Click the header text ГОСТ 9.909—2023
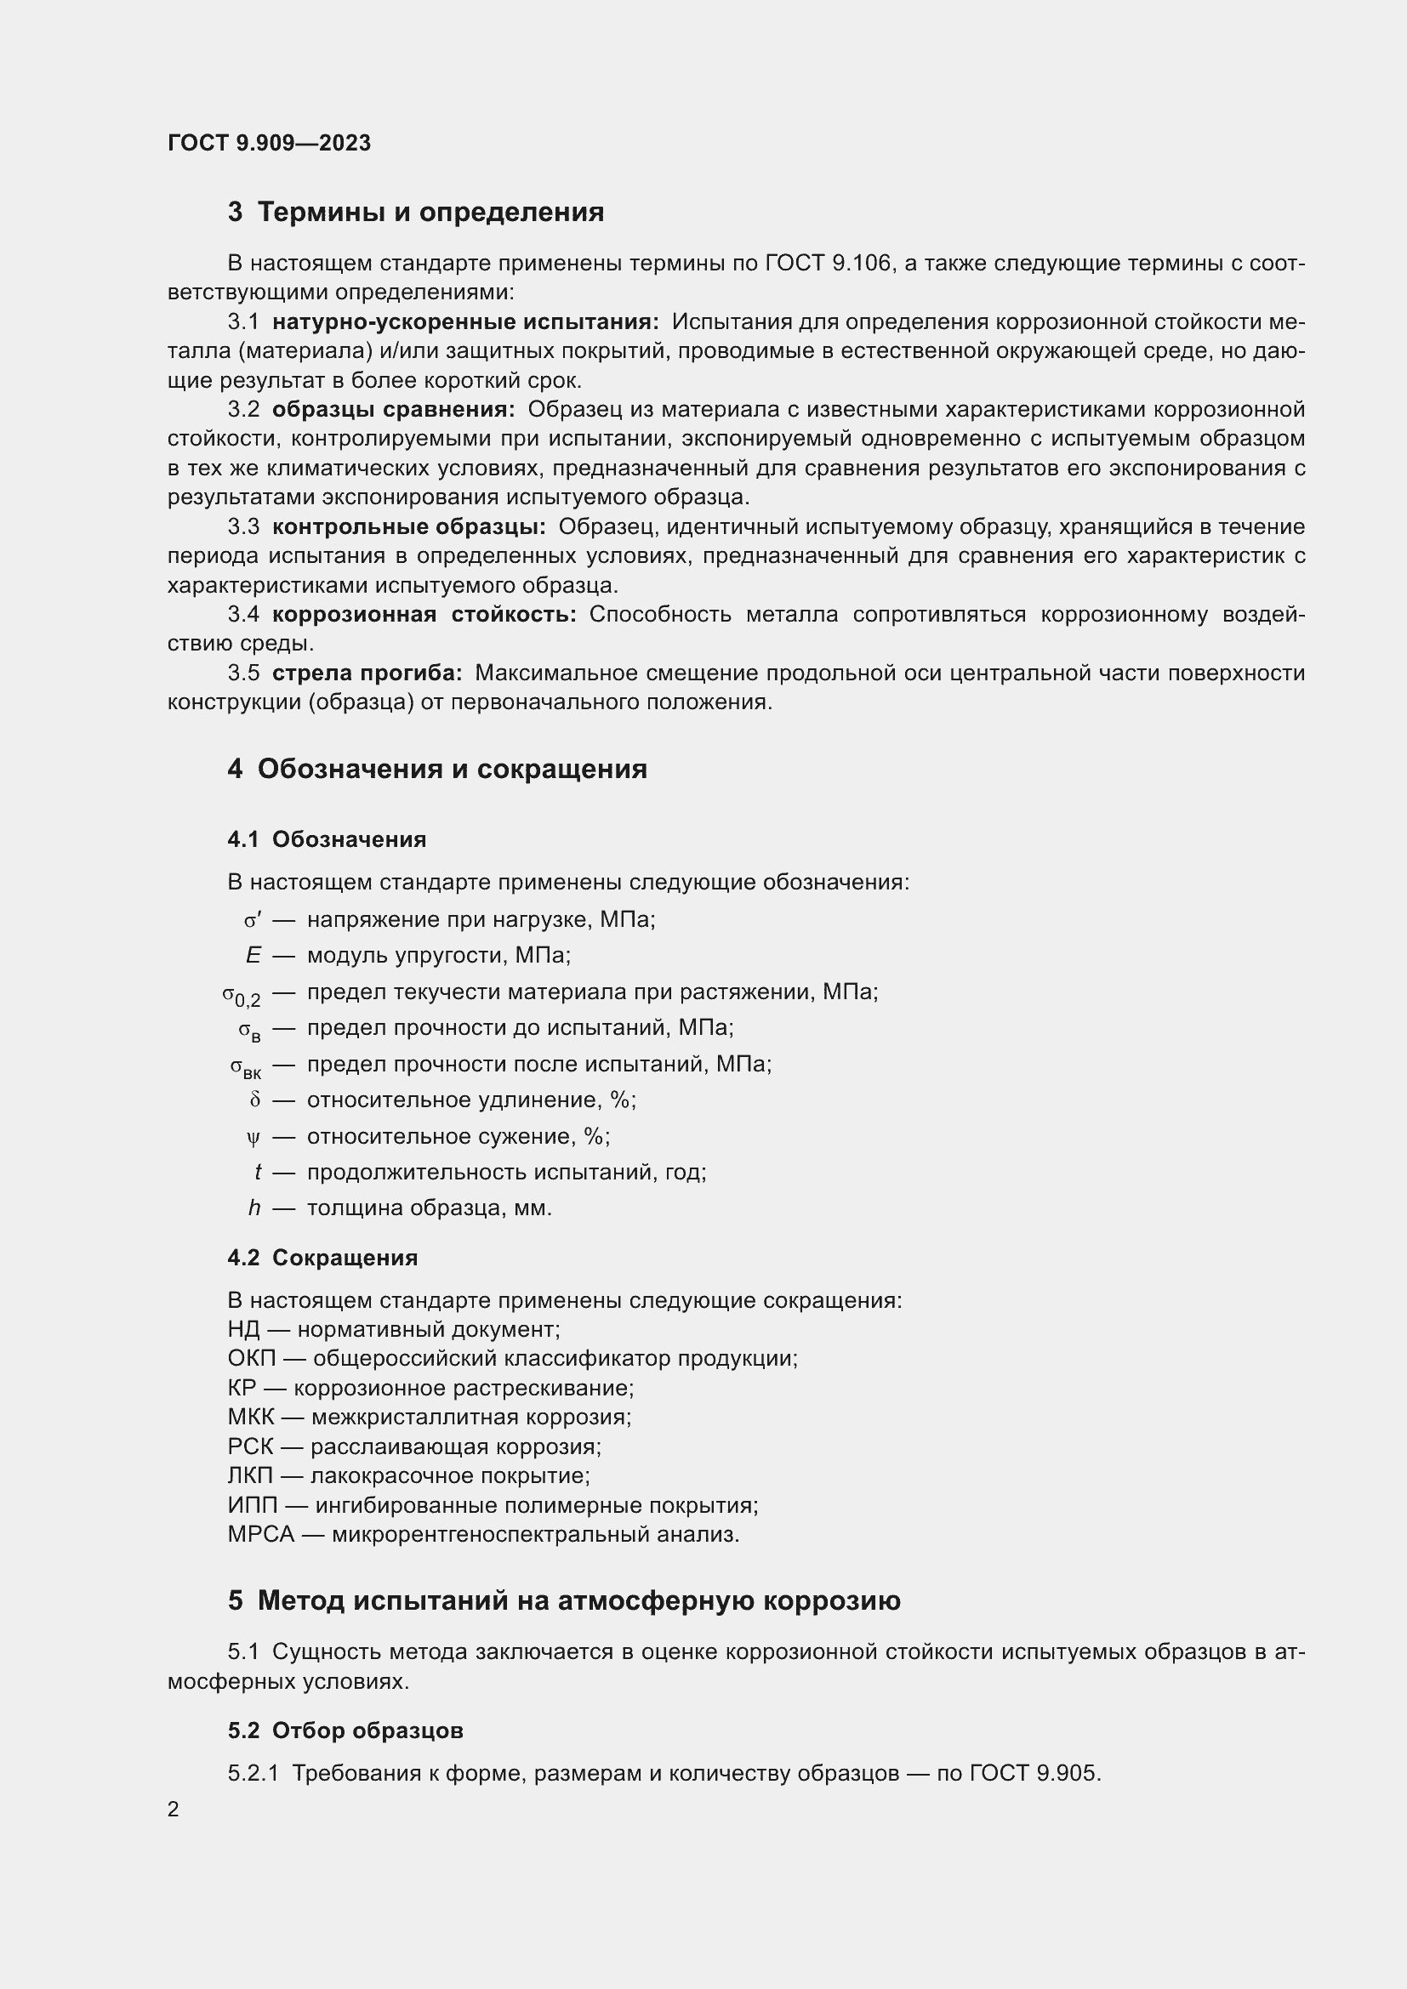click(270, 143)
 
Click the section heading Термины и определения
click(430, 213)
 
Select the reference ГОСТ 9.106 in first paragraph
click(829, 264)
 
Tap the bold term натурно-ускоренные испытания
click(465, 322)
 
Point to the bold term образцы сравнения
click(393, 410)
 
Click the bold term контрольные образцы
click(408, 526)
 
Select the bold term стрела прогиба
click(367, 673)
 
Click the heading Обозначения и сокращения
click(452, 770)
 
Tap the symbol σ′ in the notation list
click(252, 920)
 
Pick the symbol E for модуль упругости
click(253, 956)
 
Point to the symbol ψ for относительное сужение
click(253, 1138)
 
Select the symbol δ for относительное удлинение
click(254, 1100)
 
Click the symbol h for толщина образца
click(253, 1208)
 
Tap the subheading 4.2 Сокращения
click(322, 1258)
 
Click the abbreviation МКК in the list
click(250, 1418)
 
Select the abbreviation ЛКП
click(249, 1475)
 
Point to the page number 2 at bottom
click(174, 1810)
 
